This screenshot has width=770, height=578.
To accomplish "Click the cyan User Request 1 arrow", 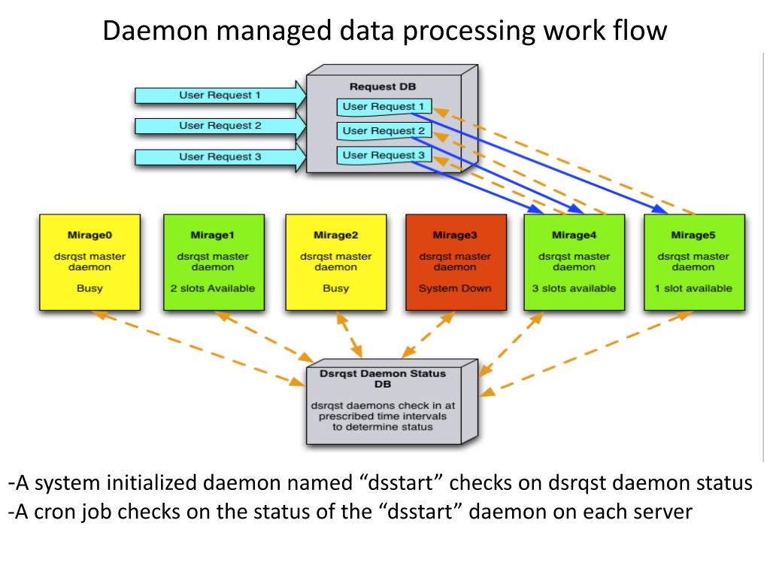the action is pyautogui.click(x=220, y=96).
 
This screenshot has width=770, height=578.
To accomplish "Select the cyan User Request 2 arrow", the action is pyautogui.click(x=220, y=126).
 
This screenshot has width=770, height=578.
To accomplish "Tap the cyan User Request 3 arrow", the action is pyautogui.click(x=220, y=157).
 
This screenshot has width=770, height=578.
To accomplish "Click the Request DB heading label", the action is pyautogui.click(x=383, y=87).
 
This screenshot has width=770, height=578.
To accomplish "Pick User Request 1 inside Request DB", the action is pyautogui.click(x=383, y=107).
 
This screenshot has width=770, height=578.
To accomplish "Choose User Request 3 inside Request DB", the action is pyautogui.click(x=383, y=155).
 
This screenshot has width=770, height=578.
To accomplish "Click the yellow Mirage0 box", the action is pyautogui.click(x=90, y=262).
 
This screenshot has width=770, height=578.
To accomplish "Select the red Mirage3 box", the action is pyautogui.click(x=456, y=262).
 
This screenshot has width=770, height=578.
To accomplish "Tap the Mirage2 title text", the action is pyautogui.click(x=336, y=235).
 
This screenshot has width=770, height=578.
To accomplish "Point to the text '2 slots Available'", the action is pyautogui.click(x=213, y=288).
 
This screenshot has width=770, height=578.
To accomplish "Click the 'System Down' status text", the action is pyautogui.click(x=455, y=288).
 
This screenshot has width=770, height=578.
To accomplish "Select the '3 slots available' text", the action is pyautogui.click(x=574, y=288).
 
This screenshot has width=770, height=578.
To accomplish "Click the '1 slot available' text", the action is pyautogui.click(x=693, y=288).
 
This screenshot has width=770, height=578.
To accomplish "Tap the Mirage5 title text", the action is pyautogui.click(x=693, y=235).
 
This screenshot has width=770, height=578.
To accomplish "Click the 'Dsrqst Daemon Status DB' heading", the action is pyautogui.click(x=383, y=379).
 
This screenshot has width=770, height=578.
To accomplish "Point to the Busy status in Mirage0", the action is pyautogui.click(x=90, y=288).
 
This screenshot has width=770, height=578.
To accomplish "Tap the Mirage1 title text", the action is pyautogui.click(x=213, y=235).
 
